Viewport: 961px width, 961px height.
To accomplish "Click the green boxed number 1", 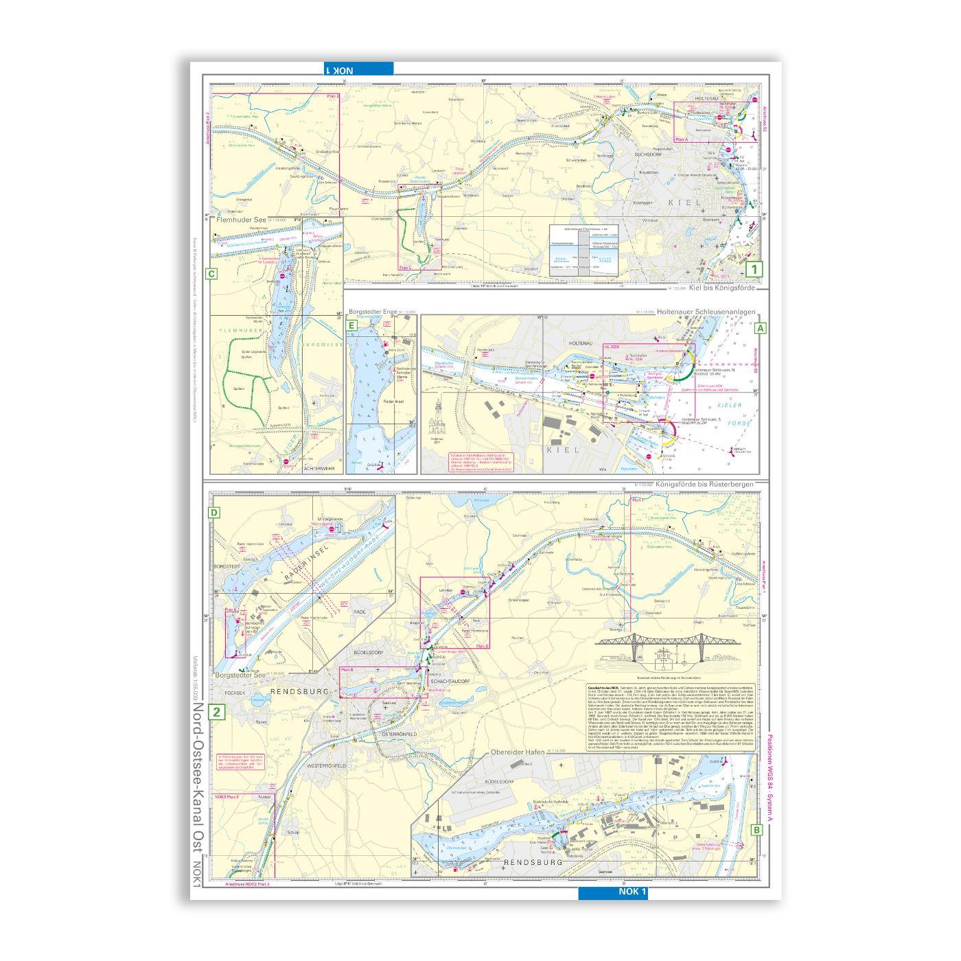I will click(755, 270).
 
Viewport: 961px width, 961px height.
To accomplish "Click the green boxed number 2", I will click(218, 713).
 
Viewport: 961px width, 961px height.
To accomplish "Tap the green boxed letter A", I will click(760, 329).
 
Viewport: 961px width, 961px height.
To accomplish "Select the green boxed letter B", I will click(756, 830).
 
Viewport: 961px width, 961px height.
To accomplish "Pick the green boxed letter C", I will click(211, 275).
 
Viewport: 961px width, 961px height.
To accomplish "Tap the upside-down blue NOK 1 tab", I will click(359, 69).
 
